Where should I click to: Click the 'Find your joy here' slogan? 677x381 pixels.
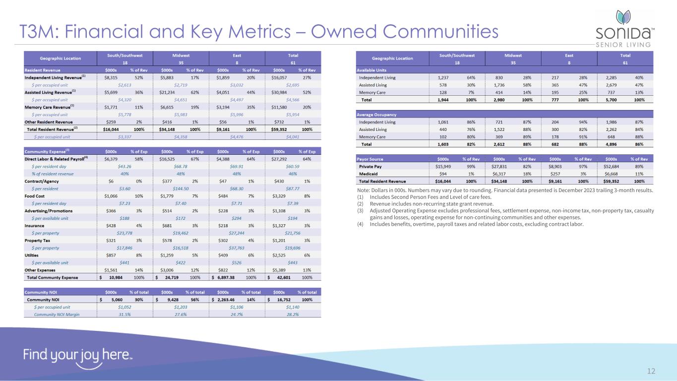[x=78, y=356]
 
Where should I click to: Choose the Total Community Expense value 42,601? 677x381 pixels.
[x=288, y=277]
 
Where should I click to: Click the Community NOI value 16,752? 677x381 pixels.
[x=288, y=299]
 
